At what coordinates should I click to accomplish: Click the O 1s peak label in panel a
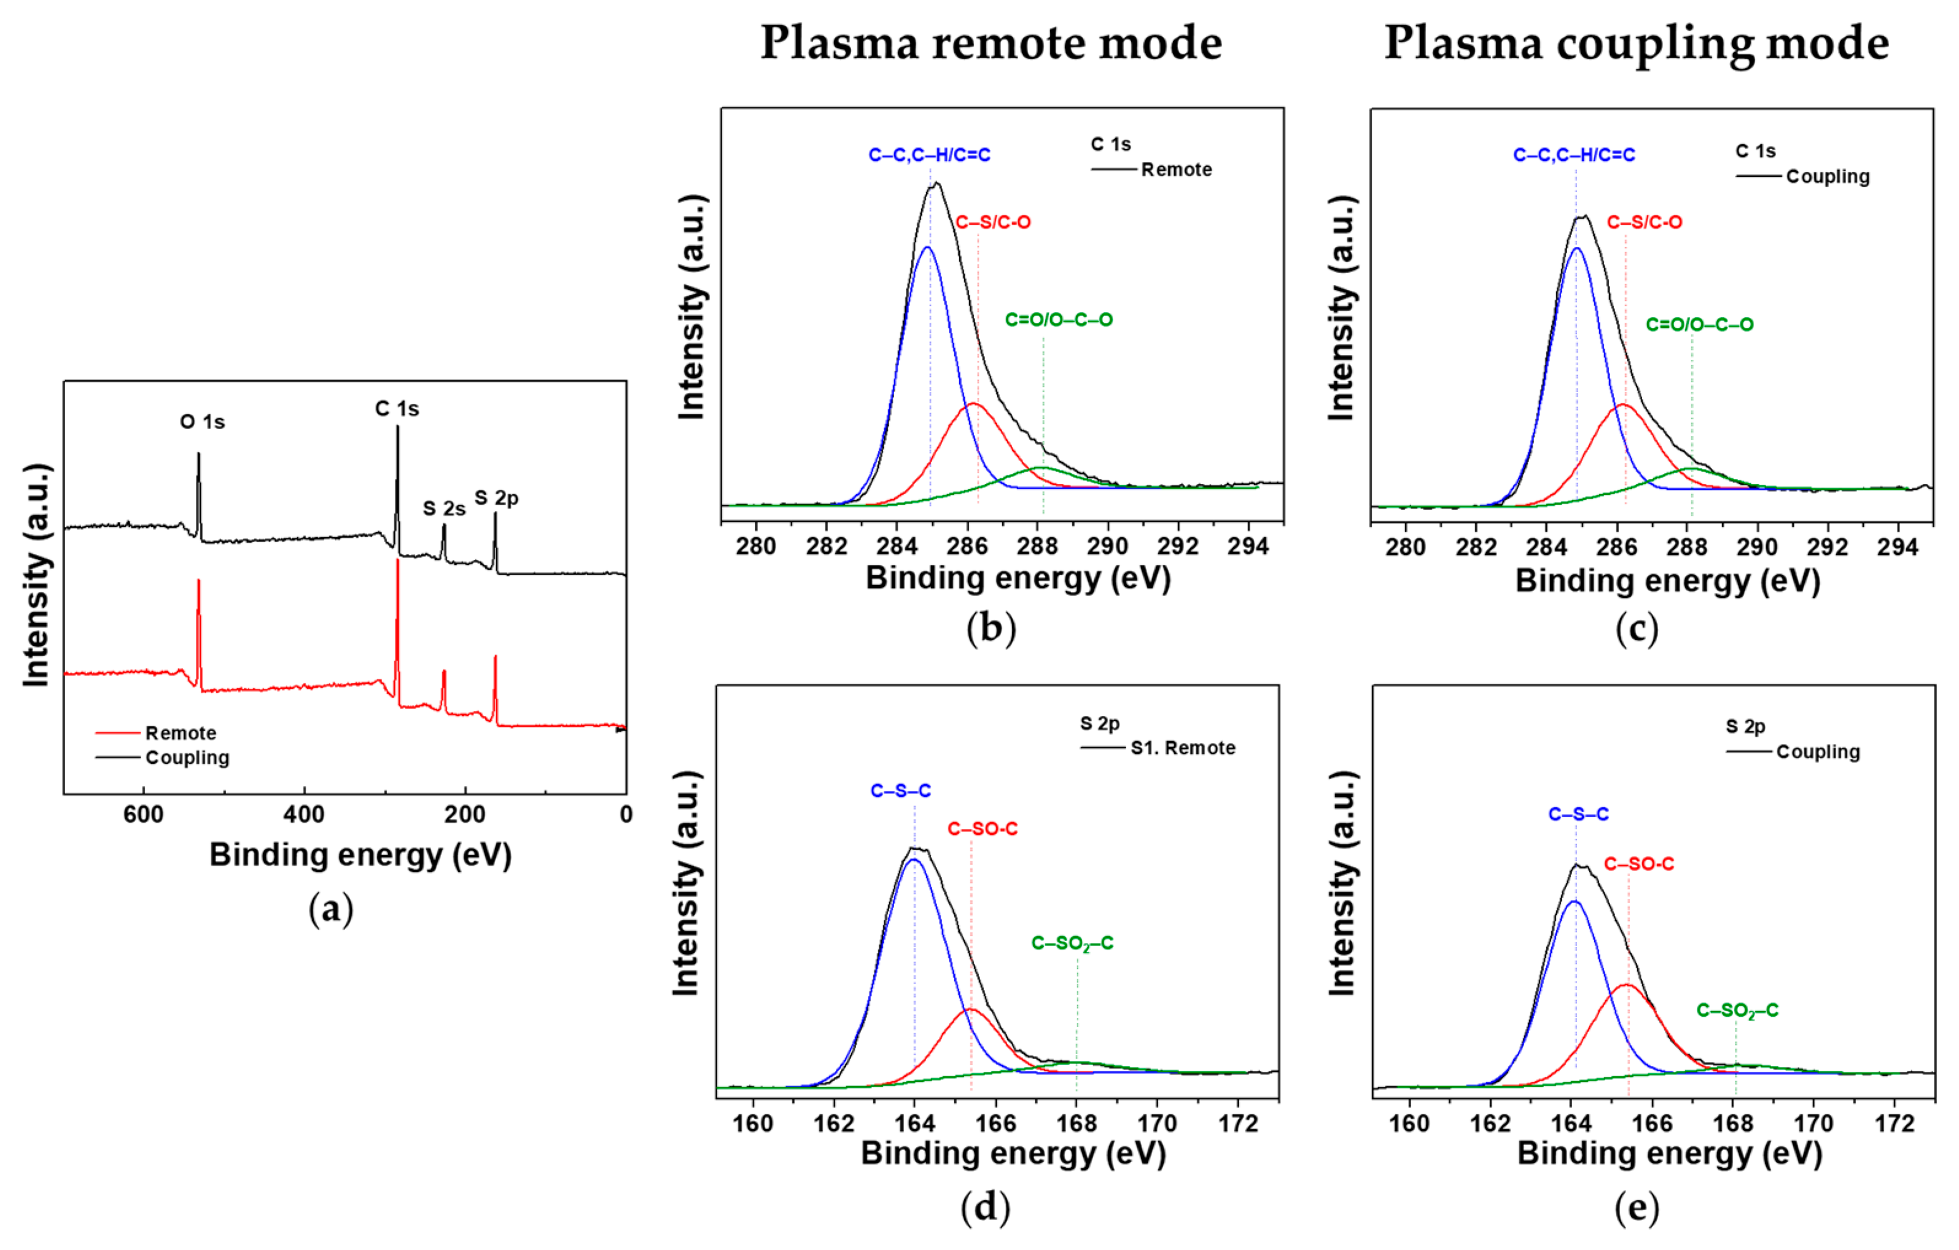[202, 422]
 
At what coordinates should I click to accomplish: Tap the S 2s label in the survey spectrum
[443, 509]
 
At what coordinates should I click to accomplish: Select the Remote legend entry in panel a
[180, 733]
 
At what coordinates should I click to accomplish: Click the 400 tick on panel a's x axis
[304, 814]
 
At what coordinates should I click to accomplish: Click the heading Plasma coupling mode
[1636, 43]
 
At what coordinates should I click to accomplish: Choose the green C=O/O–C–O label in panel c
[1699, 325]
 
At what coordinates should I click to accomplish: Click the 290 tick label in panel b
[1107, 546]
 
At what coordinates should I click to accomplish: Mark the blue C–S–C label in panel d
[900, 791]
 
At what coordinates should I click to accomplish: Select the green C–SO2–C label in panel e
[1737, 1011]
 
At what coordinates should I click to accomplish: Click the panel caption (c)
[1636, 629]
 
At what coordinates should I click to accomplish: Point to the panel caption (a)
[330, 909]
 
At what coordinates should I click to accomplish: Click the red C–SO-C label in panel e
[1638, 864]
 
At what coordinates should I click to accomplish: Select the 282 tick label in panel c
[1476, 547]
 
